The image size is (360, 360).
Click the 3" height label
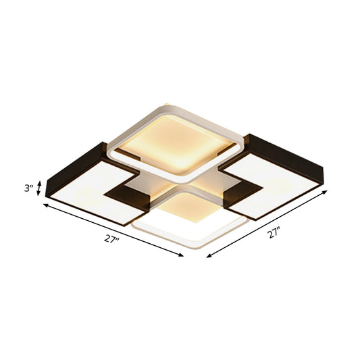tap(28, 188)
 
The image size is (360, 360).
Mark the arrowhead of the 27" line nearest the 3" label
tap(45, 206)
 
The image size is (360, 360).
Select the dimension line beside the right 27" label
tap(267, 224)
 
